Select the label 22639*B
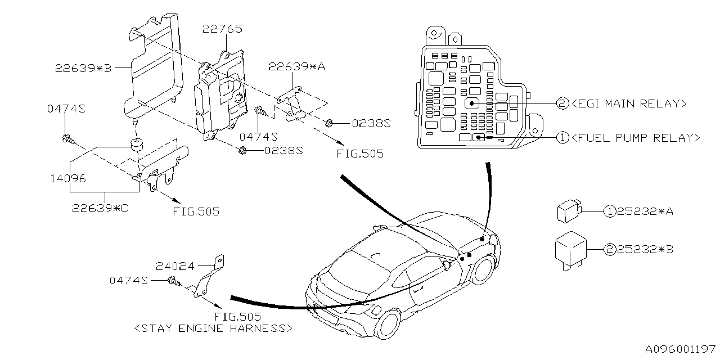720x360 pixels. click(83, 68)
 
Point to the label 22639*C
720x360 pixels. click(100, 208)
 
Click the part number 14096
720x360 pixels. click(66, 179)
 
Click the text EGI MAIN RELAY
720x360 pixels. click(628, 103)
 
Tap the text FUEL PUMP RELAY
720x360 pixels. click(635, 137)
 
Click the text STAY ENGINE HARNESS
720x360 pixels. click(213, 328)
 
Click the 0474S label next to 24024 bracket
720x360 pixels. click(129, 280)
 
